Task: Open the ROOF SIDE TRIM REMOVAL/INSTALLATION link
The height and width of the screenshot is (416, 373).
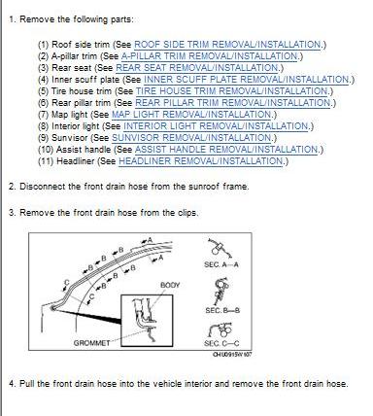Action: tap(227, 45)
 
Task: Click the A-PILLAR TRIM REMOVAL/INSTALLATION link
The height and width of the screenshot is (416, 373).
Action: tap(210, 56)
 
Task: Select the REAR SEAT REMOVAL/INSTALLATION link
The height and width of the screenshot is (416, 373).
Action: tap(197, 68)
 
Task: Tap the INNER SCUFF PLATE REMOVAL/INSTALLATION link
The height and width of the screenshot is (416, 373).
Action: tap(247, 80)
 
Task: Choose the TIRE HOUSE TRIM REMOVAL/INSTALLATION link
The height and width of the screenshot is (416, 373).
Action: tap(232, 91)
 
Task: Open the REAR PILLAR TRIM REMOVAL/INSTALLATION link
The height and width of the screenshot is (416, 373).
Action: tap(233, 103)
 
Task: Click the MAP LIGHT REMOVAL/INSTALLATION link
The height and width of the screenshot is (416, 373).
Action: tap(192, 115)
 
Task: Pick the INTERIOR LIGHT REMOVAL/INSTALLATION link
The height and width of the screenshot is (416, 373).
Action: tap(217, 126)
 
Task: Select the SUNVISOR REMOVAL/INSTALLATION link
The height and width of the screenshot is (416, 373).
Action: tap(192, 138)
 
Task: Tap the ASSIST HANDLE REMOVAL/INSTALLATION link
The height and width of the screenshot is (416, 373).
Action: tap(226, 150)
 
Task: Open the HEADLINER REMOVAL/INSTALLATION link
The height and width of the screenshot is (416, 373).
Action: tap(201, 161)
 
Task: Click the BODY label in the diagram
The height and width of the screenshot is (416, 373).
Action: tap(170, 285)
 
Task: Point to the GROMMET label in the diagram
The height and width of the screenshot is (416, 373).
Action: tap(91, 343)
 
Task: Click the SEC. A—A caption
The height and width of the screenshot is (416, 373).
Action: tap(221, 264)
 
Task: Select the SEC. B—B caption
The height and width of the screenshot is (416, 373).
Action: tap(222, 310)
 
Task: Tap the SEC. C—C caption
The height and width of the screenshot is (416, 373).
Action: tap(221, 343)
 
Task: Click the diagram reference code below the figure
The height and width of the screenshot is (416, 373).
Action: tap(232, 355)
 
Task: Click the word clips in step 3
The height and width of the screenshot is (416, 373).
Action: tap(187, 213)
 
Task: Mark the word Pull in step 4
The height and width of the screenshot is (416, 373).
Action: tap(27, 384)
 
